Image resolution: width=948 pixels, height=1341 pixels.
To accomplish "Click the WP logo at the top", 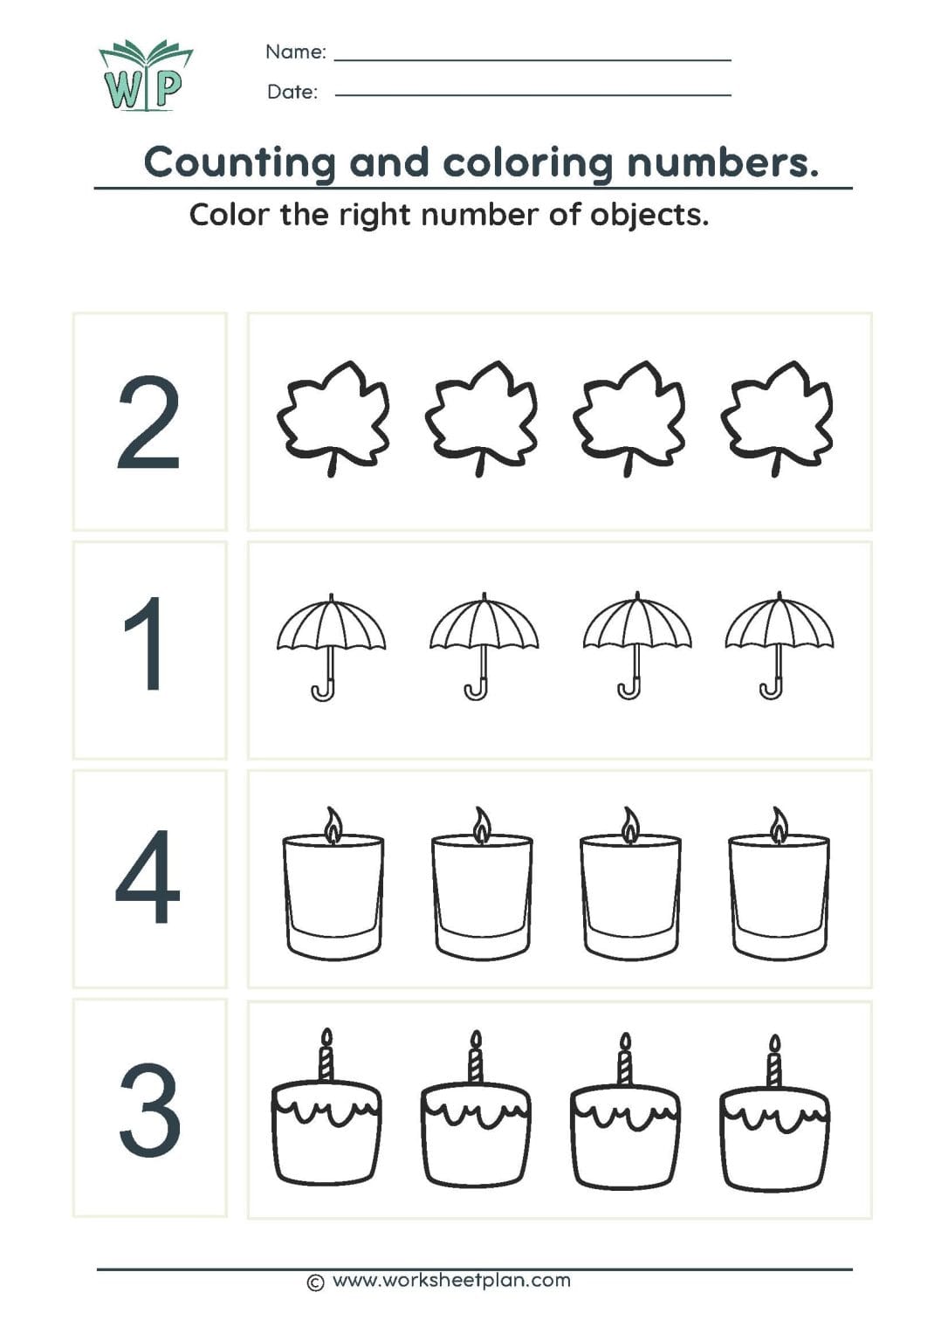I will point(144,77).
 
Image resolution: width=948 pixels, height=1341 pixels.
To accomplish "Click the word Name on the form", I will point(295,52).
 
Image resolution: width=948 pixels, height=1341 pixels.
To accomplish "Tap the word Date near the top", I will point(292,92).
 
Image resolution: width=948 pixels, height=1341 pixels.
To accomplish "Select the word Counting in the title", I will point(239,162).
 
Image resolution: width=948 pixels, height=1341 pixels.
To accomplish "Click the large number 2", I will point(148,423).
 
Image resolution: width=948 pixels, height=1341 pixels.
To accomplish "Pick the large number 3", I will point(149,1110).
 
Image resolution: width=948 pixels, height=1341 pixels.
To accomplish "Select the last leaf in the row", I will point(777,417).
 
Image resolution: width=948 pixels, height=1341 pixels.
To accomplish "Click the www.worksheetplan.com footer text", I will point(450,1281).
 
